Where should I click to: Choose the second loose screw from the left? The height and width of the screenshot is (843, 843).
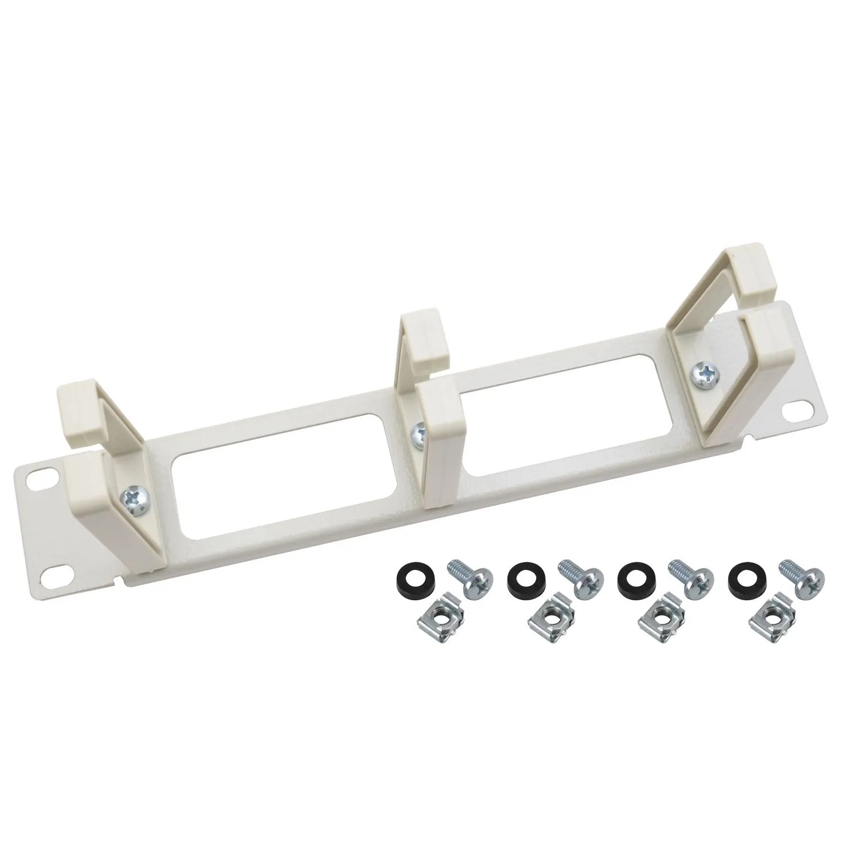tap(582, 572)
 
